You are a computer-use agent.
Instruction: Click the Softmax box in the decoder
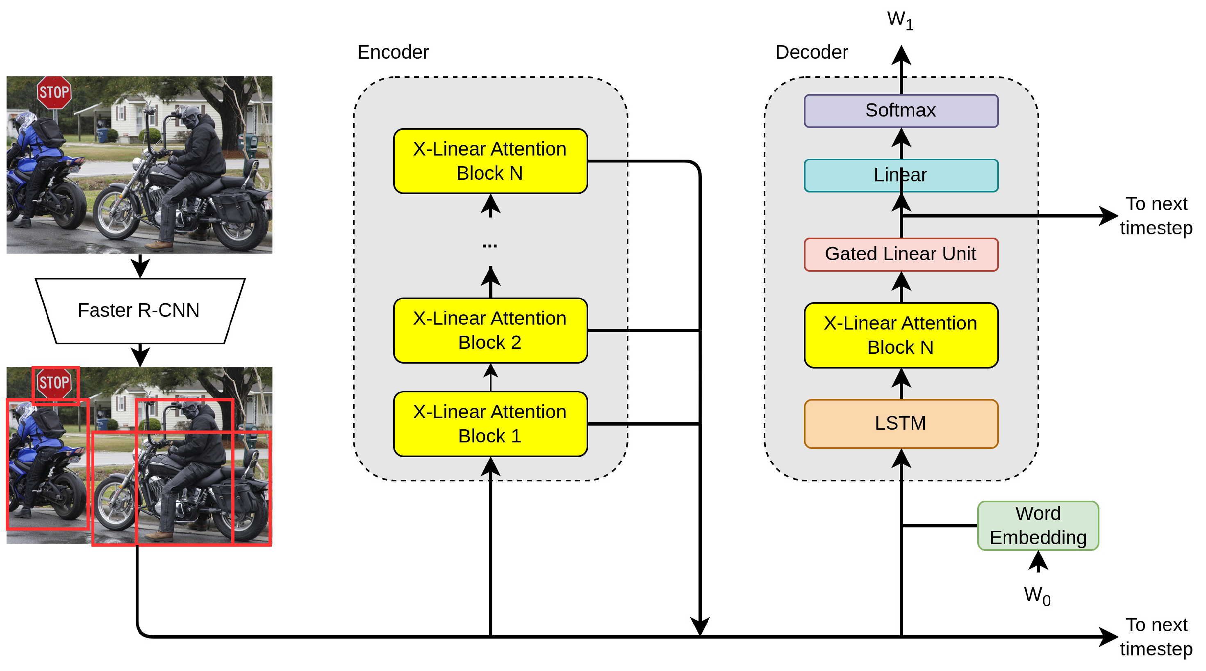[x=900, y=110]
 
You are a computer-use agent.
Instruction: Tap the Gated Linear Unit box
[x=900, y=254]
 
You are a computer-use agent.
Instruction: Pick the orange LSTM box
[x=900, y=423]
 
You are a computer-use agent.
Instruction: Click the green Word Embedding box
[x=1038, y=525]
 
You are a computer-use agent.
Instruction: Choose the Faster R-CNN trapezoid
[x=139, y=311]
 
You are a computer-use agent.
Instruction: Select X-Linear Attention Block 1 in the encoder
[x=490, y=424]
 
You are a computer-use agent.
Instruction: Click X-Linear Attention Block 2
[x=490, y=330]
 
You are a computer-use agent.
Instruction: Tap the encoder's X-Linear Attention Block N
[x=490, y=161]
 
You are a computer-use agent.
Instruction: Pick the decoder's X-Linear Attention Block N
[x=900, y=335]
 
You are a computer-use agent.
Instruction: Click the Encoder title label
[x=393, y=52]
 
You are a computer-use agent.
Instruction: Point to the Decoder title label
[x=811, y=52]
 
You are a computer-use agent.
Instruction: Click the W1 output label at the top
[x=900, y=20]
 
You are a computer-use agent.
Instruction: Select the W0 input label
[x=1037, y=596]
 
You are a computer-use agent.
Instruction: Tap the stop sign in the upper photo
[x=54, y=92]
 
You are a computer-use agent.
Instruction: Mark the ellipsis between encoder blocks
[x=490, y=245]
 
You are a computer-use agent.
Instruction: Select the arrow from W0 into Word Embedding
[x=1038, y=562]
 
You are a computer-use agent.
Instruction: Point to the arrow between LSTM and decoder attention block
[x=901, y=383]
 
